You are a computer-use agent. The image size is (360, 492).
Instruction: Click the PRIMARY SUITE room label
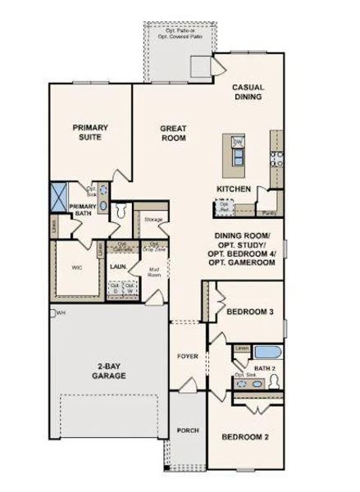tap(90, 133)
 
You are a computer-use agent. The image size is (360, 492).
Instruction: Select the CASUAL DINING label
tap(247, 91)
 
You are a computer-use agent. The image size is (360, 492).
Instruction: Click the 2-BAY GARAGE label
tap(108, 371)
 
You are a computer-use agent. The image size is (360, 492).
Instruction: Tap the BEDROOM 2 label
tap(245, 438)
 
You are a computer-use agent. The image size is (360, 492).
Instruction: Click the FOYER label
tap(187, 357)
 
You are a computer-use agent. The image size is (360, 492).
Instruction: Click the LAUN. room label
tap(117, 267)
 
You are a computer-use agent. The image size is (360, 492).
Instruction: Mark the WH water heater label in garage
tap(61, 312)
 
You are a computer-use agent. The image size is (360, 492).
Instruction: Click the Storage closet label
tap(153, 221)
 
